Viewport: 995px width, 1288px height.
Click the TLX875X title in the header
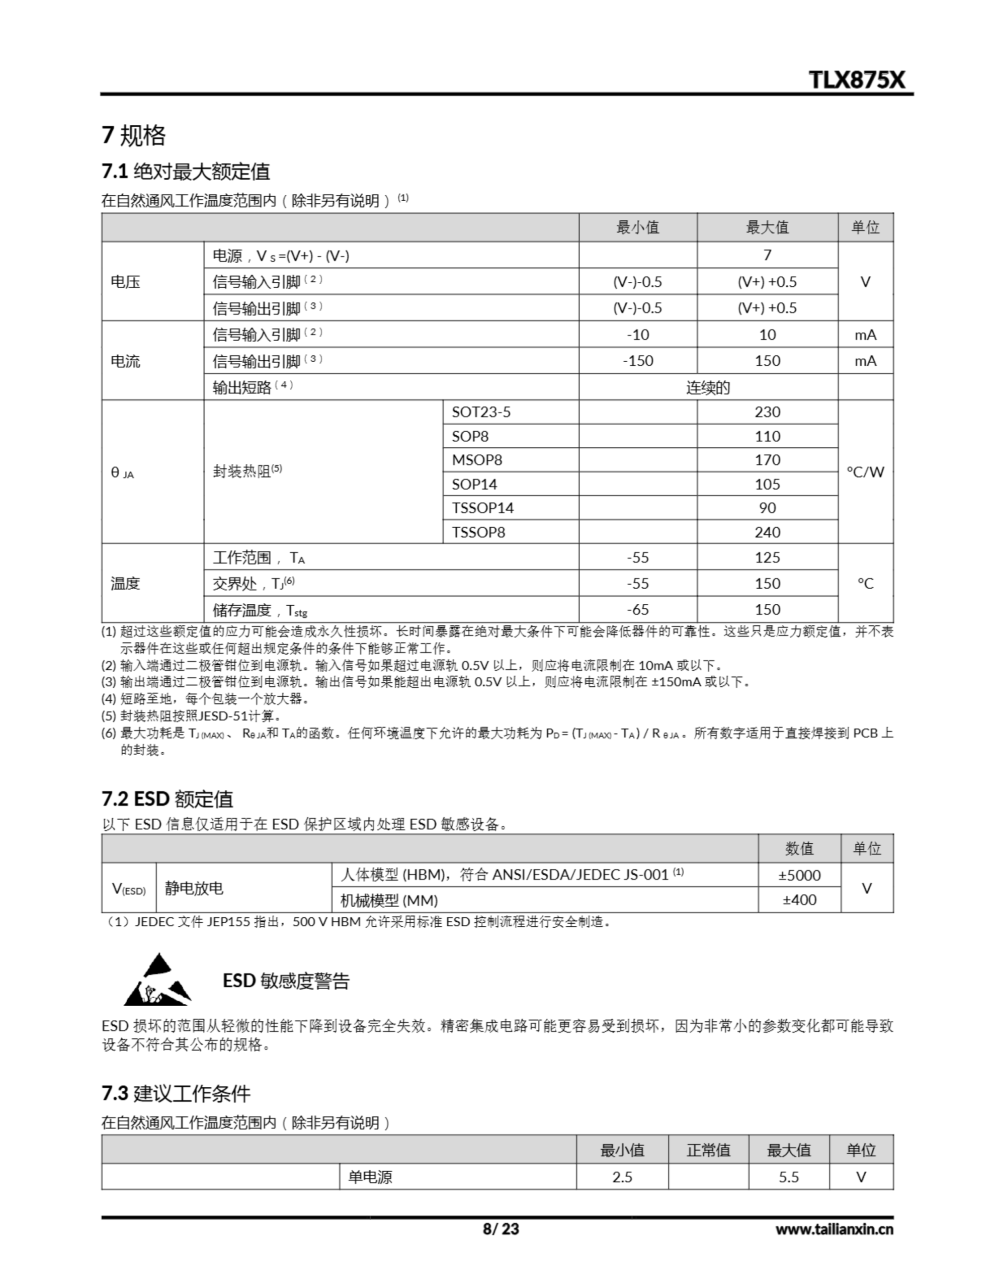tap(856, 79)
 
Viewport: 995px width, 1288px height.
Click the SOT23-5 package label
tap(481, 412)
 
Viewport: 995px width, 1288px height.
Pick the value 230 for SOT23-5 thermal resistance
tap(767, 412)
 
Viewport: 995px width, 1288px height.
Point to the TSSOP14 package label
tap(482, 508)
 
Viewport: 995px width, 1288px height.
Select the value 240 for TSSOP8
tap(767, 532)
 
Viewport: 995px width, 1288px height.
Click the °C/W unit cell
tap(865, 471)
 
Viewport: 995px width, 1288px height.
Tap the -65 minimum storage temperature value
tap(637, 609)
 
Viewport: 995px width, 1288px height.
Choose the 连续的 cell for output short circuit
tap(708, 387)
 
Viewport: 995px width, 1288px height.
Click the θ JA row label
tap(123, 472)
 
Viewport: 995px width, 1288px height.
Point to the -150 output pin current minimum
tap(637, 361)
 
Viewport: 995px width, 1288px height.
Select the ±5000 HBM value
tap(799, 875)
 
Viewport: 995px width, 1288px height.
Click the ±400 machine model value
tap(799, 900)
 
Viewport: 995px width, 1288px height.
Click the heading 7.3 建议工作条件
tap(176, 1093)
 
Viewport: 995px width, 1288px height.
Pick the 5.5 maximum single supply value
tap(789, 1177)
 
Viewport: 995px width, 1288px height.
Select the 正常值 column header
tap(708, 1150)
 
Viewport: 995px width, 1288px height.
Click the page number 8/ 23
tap(501, 1229)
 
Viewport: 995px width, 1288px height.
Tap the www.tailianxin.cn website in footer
tap(834, 1229)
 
